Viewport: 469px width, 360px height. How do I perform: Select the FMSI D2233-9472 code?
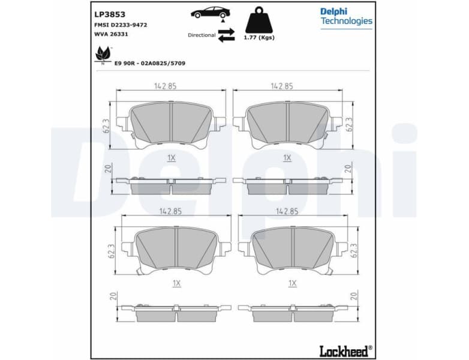click(x=121, y=25)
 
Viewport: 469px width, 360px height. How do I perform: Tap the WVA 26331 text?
click(x=112, y=34)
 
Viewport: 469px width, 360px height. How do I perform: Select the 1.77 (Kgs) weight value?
click(x=260, y=38)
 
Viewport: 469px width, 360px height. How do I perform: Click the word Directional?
click(x=202, y=35)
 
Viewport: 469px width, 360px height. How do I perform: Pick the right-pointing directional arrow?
click(x=226, y=31)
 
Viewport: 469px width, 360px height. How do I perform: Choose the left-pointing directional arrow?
click(x=226, y=39)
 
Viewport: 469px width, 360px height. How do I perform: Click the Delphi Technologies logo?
click(x=346, y=16)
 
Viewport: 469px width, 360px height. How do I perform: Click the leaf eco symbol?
click(x=102, y=55)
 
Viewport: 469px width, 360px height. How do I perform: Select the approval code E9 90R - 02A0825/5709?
click(x=150, y=62)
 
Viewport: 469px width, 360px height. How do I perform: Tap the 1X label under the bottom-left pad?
click(x=176, y=283)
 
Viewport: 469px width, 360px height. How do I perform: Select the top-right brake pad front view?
click(x=288, y=124)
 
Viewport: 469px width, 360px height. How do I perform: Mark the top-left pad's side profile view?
click(x=171, y=185)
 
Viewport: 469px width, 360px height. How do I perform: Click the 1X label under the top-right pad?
click(x=287, y=158)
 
